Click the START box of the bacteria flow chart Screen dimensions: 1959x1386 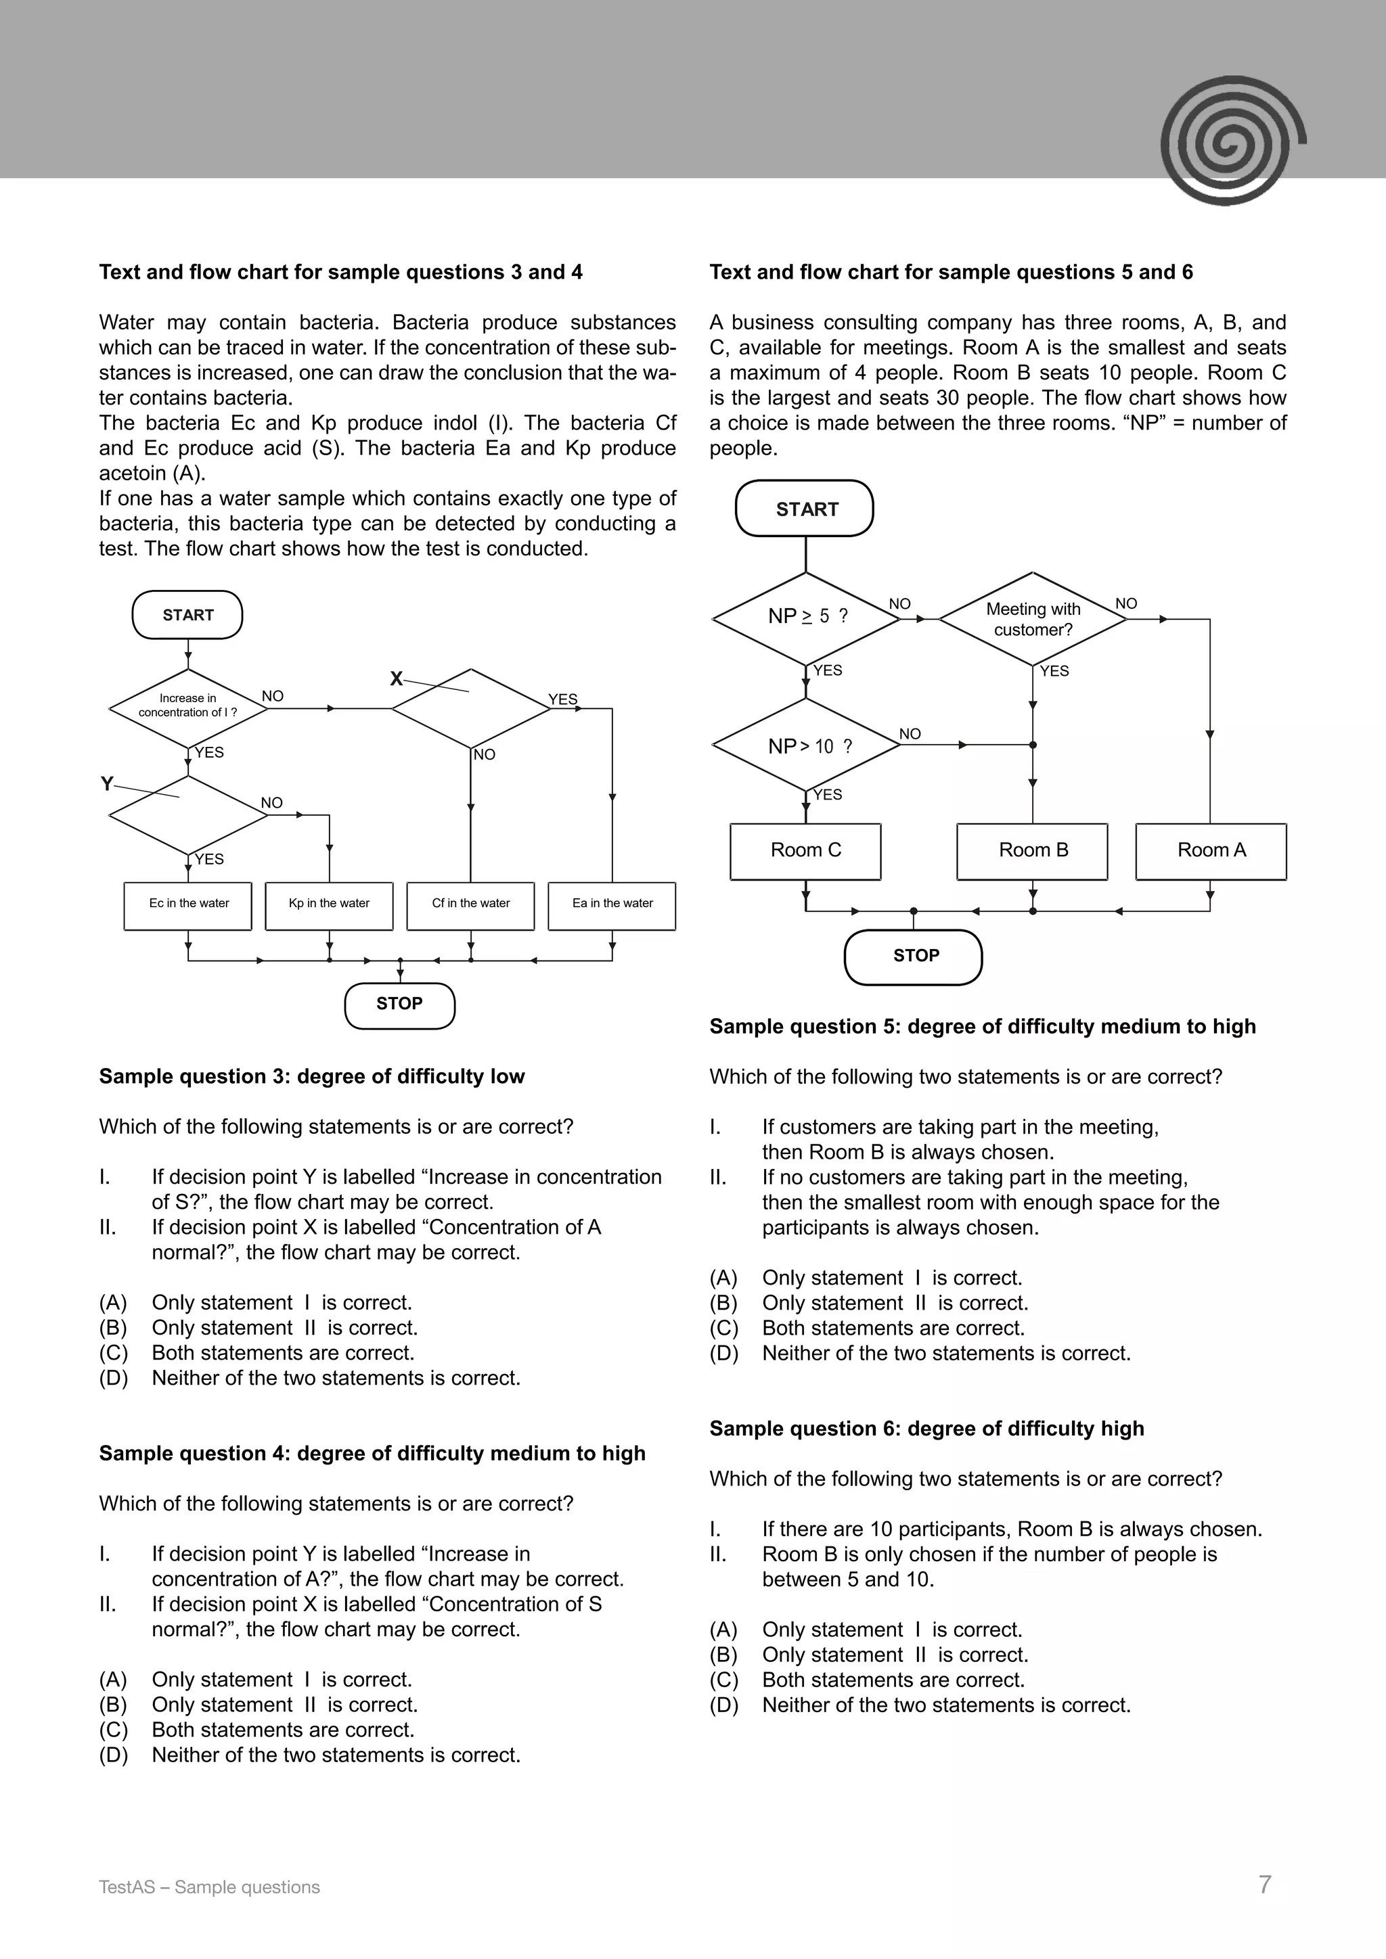click(187, 614)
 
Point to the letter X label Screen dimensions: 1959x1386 click(396, 678)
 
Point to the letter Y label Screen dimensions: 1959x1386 click(107, 783)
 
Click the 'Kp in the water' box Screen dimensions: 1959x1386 click(330, 905)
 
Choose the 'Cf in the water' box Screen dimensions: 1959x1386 click(470, 905)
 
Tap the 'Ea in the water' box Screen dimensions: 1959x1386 click(612, 905)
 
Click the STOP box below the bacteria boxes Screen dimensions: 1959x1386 click(399, 1005)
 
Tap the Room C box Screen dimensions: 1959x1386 click(805, 851)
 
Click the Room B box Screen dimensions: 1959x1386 click(1033, 851)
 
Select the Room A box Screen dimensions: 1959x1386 click(1211, 851)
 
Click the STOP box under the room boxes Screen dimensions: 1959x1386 click(915, 957)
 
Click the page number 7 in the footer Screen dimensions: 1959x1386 click(1265, 1885)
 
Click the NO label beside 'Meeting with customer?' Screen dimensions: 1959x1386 click(1127, 603)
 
